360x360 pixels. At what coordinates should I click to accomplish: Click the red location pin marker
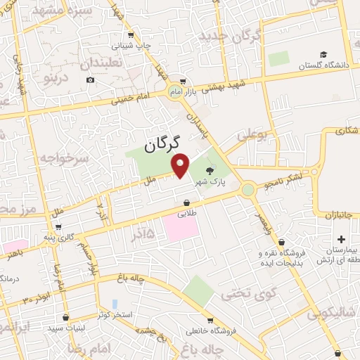[181, 167]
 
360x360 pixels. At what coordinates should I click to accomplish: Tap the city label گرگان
[163, 144]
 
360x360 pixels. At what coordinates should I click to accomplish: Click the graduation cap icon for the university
[323, 54]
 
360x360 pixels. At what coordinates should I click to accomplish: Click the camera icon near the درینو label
[90, 79]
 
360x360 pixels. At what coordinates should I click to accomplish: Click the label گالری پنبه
[58, 238]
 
